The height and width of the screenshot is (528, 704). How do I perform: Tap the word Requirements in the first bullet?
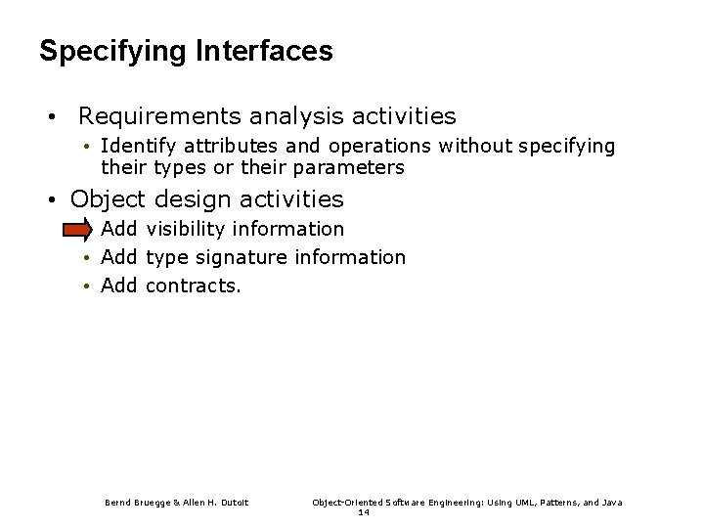tap(160, 117)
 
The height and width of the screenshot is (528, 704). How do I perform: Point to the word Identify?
tap(135, 147)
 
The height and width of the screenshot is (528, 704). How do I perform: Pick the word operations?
tap(380, 147)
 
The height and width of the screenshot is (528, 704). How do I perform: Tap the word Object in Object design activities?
tap(107, 200)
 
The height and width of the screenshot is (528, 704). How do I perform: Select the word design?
tap(186, 200)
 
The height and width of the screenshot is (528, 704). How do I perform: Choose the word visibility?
tap(192, 230)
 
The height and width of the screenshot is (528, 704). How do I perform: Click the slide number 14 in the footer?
tap(363, 511)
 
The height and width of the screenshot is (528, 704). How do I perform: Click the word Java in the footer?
tap(610, 503)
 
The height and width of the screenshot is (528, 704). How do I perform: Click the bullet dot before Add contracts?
tap(87, 286)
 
